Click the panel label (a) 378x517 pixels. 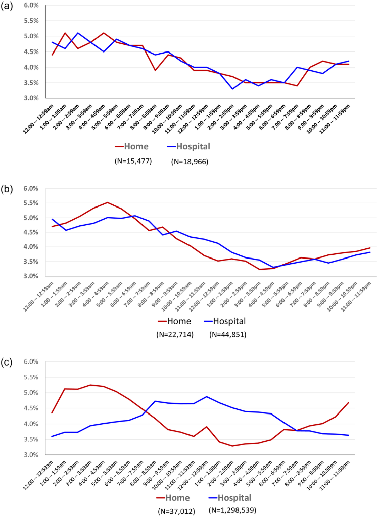pyautogui.click(x=8, y=8)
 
